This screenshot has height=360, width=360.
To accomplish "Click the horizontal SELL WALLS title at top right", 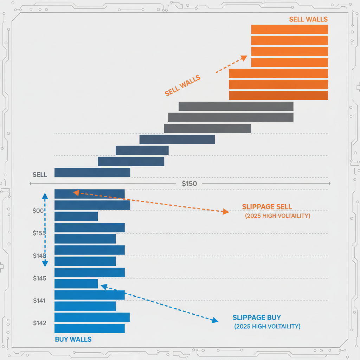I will click(x=308, y=19).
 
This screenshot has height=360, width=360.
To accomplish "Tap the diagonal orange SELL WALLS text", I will click(x=182, y=85).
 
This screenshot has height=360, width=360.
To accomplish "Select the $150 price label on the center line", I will click(x=189, y=184).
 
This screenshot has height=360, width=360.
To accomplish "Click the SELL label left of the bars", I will click(x=40, y=175).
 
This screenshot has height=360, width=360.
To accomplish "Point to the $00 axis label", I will click(x=38, y=211).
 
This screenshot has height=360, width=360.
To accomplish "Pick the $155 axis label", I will click(x=39, y=233).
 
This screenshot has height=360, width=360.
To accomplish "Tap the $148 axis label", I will click(x=39, y=256).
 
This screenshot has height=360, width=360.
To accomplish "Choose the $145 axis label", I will click(x=39, y=278).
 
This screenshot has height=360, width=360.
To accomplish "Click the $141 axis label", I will click(x=39, y=301).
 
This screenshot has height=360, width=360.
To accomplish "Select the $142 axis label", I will click(x=39, y=323).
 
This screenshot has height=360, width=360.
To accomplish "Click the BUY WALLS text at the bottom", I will click(x=73, y=339).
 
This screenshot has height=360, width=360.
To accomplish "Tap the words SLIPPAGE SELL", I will click(x=267, y=207).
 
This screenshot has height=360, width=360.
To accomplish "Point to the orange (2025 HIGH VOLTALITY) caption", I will click(x=277, y=216).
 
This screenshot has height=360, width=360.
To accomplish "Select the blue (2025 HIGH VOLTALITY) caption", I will click(x=267, y=327).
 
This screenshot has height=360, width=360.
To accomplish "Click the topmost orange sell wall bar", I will click(x=289, y=30).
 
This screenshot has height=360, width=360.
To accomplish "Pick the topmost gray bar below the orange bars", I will click(x=236, y=106).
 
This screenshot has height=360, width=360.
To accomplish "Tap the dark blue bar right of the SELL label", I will click(x=92, y=173).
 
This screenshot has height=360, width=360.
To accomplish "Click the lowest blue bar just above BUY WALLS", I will click(x=90, y=328).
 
